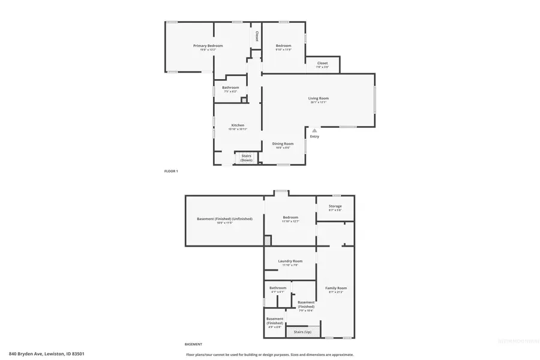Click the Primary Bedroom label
pyautogui.click(x=208, y=46)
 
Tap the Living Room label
pyautogui.click(x=319, y=98)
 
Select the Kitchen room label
pyautogui.click(x=238, y=125)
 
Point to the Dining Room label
pyautogui.click(x=283, y=143)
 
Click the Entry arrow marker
pyautogui.click(x=314, y=130)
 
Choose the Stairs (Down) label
pyautogui.click(x=246, y=158)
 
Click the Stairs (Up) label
pyautogui.click(x=298, y=331)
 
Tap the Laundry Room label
pyautogui.click(x=290, y=261)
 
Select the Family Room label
pyautogui.click(x=336, y=288)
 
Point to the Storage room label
pyautogui.click(x=335, y=206)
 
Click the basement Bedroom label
pyautogui.click(x=290, y=218)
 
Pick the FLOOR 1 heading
pyautogui.click(x=171, y=171)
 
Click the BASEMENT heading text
pyautogui.click(x=193, y=344)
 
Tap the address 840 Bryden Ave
pyautogui.click(x=46, y=354)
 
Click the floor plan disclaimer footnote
pyautogui.click(x=269, y=354)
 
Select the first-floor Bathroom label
pyautogui.click(x=231, y=88)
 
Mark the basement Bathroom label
pyautogui.click(x=278, y=287)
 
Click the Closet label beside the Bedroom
pyautogui.click(x=322, y=63)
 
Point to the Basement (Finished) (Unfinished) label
pyautogui.click(x=224, y=218)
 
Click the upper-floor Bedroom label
pyautogui.click(x=283, y=46)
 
